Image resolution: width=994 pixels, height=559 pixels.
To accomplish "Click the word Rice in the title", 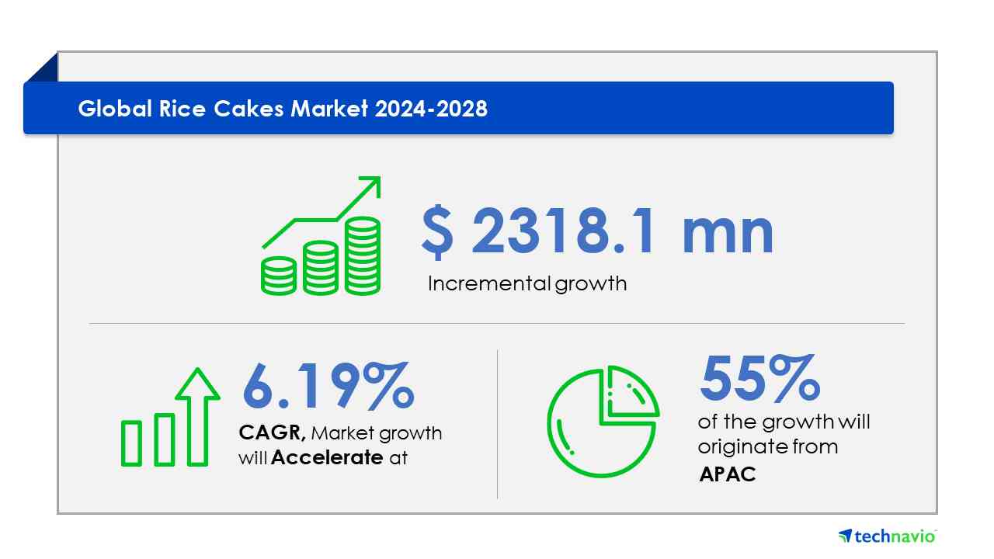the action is pyautogui.click(x=182, y=109).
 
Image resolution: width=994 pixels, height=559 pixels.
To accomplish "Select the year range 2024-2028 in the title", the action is pyautogui.click(x=431, y=109).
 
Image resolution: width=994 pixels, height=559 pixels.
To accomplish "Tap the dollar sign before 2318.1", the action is pyautogui.click(x=437, y=231).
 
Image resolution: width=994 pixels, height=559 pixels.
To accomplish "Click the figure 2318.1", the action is pyautogui.click(x=562, y=231).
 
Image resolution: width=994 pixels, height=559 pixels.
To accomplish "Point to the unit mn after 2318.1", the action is pyautogui.click(x=728, y=234).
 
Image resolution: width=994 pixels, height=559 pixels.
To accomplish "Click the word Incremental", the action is pyautogui.click(x=489, y=283).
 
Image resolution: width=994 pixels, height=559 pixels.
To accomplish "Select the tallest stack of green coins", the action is pyautogui.click(x=363, y=255).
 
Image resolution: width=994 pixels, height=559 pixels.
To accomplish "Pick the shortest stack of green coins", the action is pyautogui.click(x=279, y=276).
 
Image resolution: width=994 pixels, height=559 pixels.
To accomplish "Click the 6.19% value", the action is pyautogui.click(x=328, y=385).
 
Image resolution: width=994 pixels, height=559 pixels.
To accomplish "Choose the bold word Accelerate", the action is pyautogui.click(x=327, y=457).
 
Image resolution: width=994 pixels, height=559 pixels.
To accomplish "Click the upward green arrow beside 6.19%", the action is pyautogui.click(x=197, y=417).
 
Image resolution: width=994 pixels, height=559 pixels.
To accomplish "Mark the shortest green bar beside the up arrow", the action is pyautogui.click(x=131, y=443).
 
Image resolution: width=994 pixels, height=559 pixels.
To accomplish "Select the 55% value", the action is pyautogui.click(x=759, y=378).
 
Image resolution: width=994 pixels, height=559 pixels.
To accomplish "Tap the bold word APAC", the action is pyautogui.click(x=728, y=474).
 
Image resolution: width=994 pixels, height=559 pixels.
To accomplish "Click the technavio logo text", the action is pyautogui.click(x=895, y=536).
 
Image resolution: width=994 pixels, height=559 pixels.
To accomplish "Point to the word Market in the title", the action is pyautogui.click(x=328, y=109).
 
